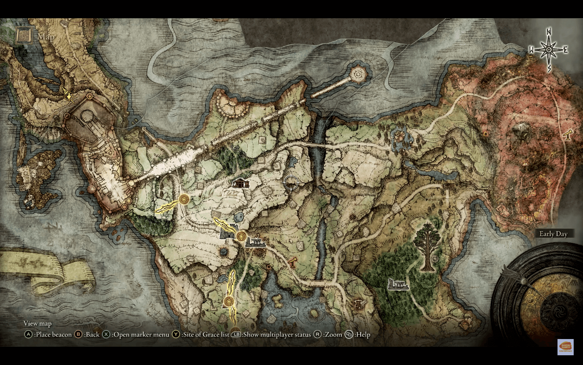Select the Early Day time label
(x=553, y=234)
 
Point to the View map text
(x=38, y=323)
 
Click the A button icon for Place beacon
(x=28, y=335)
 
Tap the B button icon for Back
(x=79, y=335)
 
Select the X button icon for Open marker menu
(x=106, y=335)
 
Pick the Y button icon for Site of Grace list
(x=176, y=335)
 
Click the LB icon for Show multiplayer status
(x=236, y=335)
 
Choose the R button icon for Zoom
(x=318, y=335)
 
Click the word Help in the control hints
(x=363, y=335)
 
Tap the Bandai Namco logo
(x=565, y=347)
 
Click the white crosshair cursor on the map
(x=291, y=183)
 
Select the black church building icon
(x=240, y=183)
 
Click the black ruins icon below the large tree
(x=398, y=284)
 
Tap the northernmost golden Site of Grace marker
(x=184, y=199)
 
